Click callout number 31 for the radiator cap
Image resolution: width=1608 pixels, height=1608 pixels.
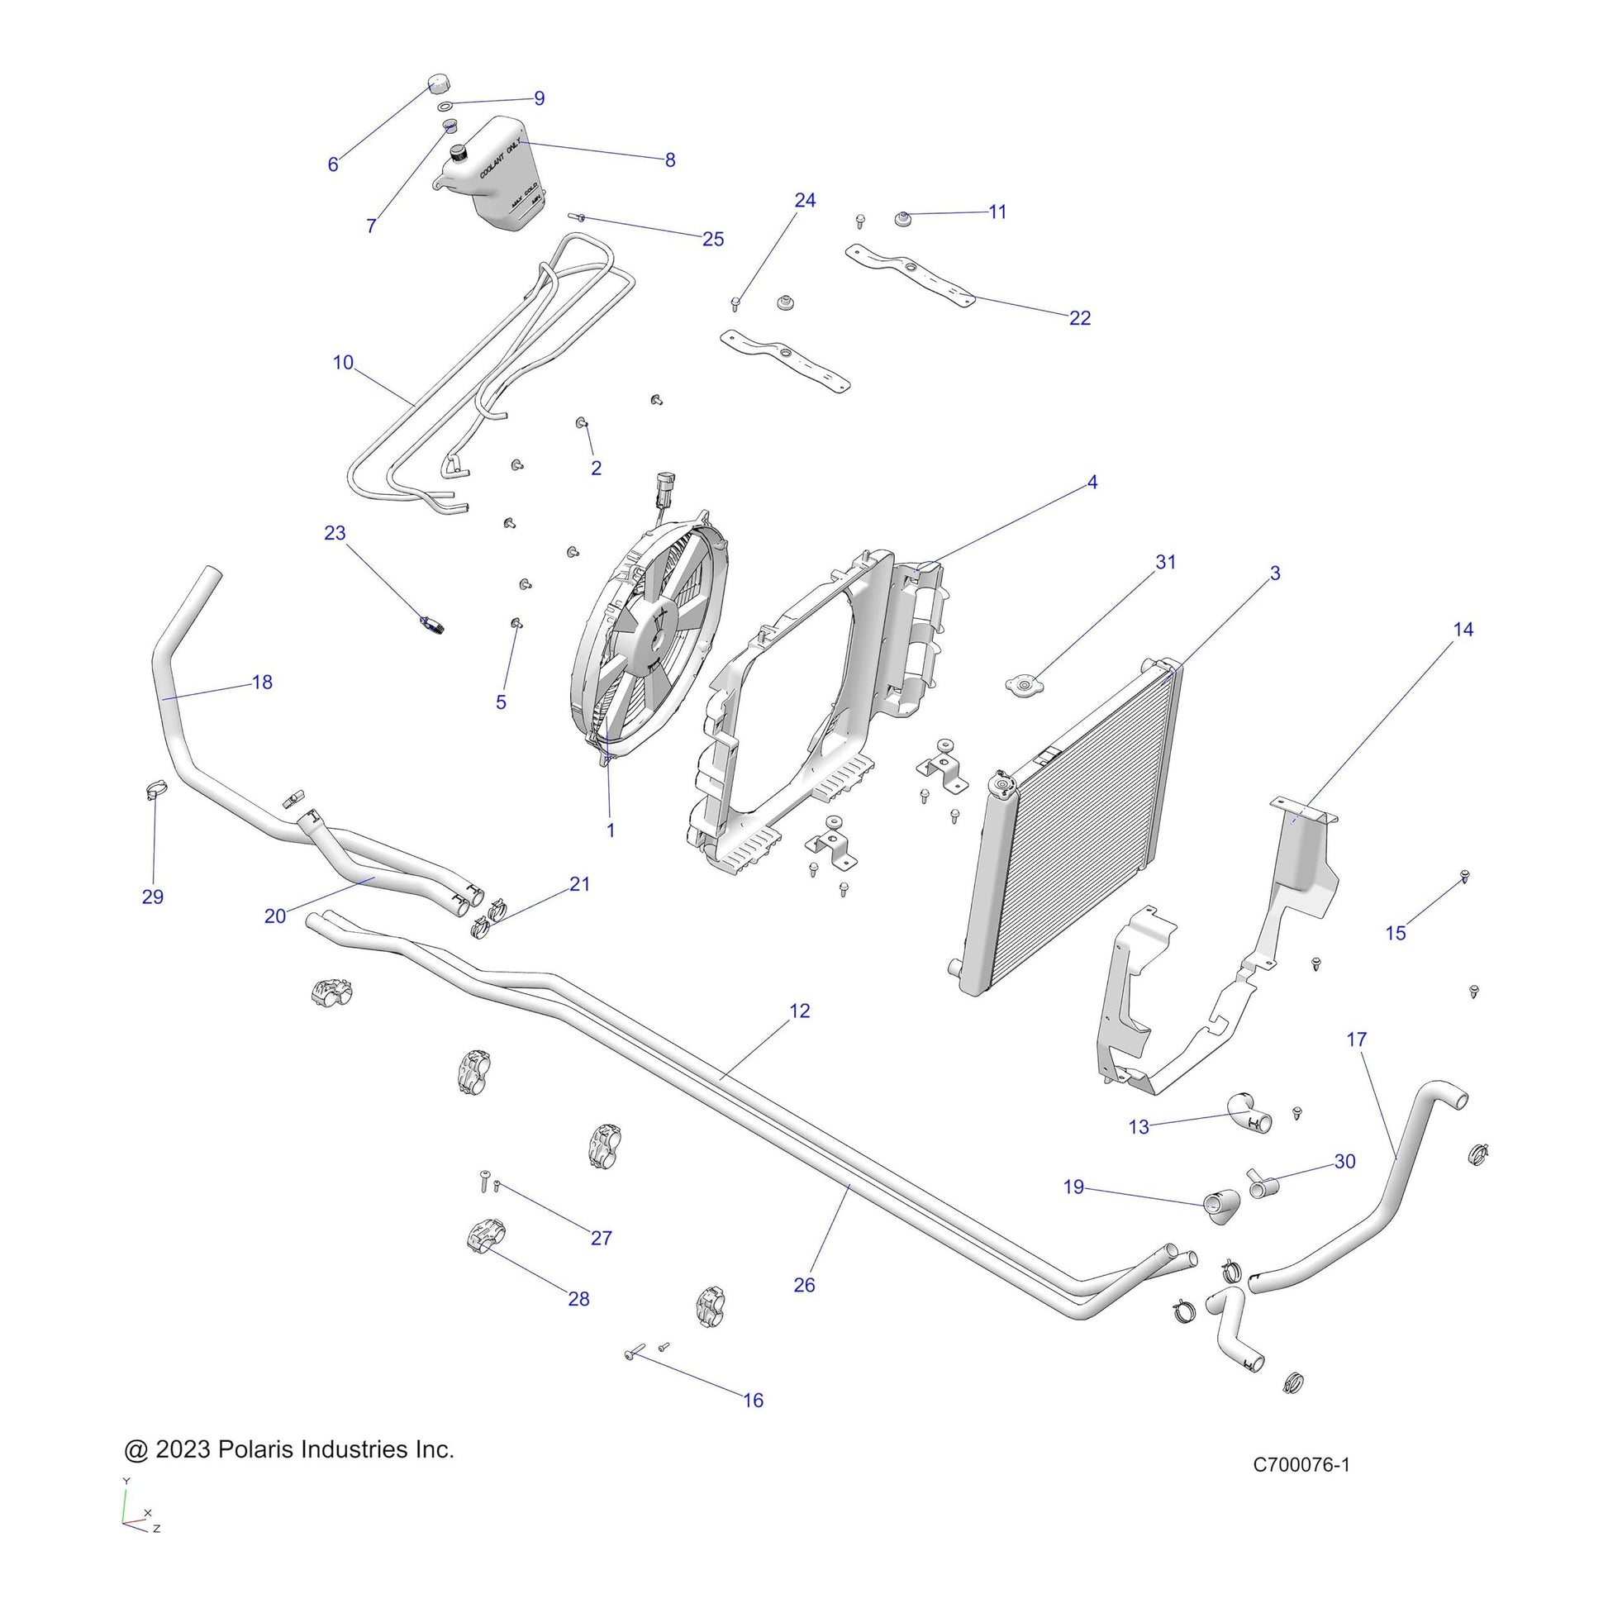[1165, 562]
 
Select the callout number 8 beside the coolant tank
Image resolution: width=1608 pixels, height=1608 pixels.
[670, 159]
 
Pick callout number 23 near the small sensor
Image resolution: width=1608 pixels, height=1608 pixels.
[335, 533]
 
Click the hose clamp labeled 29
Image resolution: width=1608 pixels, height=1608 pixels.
[155, 788]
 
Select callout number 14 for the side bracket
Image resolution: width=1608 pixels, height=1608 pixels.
[1463, 629]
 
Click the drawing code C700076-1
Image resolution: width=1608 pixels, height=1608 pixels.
[1301, 1487]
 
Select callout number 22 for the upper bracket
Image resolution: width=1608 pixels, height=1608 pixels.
[1079, 318]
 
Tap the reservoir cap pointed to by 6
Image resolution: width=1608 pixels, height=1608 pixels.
[438, 84]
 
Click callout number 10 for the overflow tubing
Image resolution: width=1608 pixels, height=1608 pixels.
[343, 363]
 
